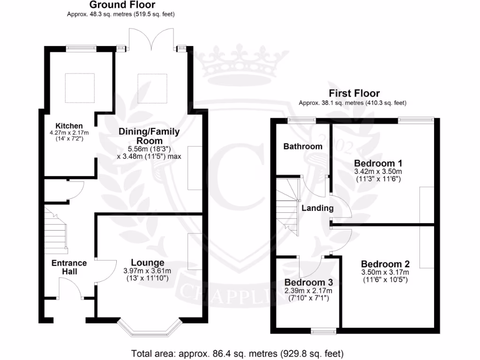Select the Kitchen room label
(x=69, y=126)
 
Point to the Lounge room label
(x=147, y=262)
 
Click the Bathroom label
(x=303, y=146)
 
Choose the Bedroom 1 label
(x=378, y=163)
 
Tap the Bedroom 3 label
(x=308, y=283)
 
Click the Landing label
(x=317, y=208)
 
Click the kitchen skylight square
(x=80, y=88)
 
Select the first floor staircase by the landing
(x=287, y=202)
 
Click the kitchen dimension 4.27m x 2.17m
(x=69, y=133)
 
